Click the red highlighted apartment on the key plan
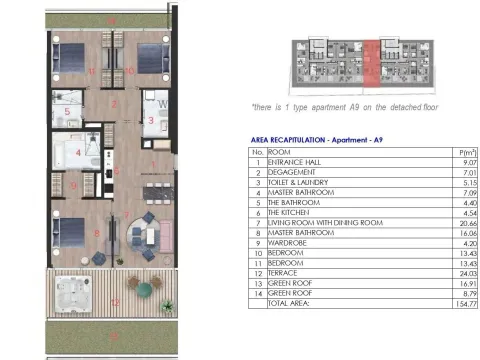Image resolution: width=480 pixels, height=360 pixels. (x=370, y=61)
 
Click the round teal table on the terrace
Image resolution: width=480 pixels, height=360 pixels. (x=146, y=288)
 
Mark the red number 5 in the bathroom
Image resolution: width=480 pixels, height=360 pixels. (x=67, y=111)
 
